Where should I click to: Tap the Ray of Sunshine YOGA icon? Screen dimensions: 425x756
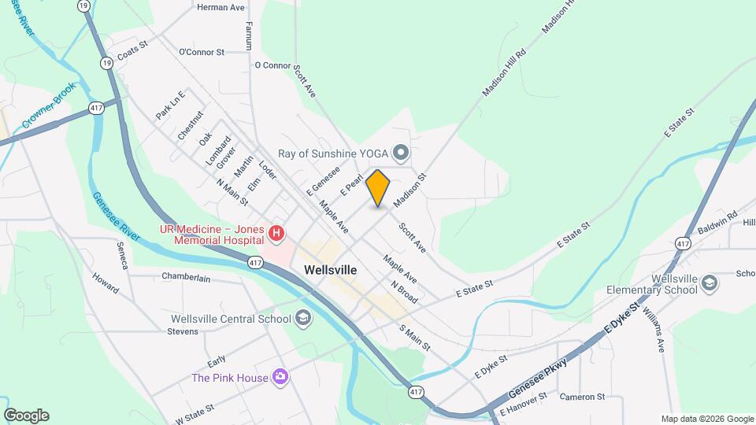[401, 152]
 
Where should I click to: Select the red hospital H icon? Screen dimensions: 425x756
[276, 233]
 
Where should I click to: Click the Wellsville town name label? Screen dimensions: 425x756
[330, 270]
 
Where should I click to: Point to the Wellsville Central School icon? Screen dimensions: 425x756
[303, 319]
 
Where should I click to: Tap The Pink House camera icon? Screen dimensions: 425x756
[280, 378]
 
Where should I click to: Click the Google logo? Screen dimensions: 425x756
[26, 416]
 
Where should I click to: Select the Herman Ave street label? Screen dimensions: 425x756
[220, 7]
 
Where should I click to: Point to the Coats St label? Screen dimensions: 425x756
[132, 53]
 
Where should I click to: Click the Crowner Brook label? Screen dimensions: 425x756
[49, 105]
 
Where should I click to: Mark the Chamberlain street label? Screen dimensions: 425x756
[186, 277]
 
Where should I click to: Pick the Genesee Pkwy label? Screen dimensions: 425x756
[538, 379]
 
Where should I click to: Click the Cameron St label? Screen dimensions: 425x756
[582, 397]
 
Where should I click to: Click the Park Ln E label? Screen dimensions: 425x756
[170, 105]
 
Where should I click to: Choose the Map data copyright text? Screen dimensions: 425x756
[706, 419]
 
